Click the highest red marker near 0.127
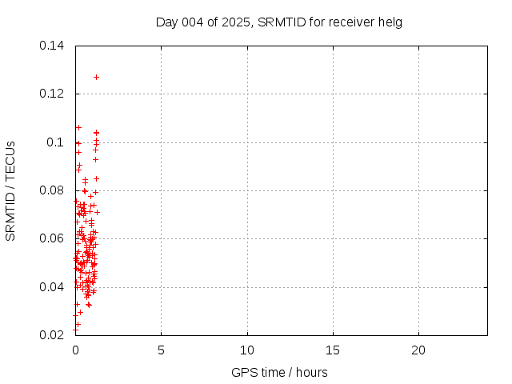[x=96, y=77]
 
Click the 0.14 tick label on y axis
[x=52, y=46]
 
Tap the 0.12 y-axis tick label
[x=52, y=94]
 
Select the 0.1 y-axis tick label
[x=55, y=142]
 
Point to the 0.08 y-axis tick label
[x=52, y=190]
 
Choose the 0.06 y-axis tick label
[x=52, y=238]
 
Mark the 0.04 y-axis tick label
[x=52, y=287]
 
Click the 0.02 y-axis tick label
[x=52, y=335]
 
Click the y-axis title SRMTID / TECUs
[x=11, y=190]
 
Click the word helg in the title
[x=391, y=22]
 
